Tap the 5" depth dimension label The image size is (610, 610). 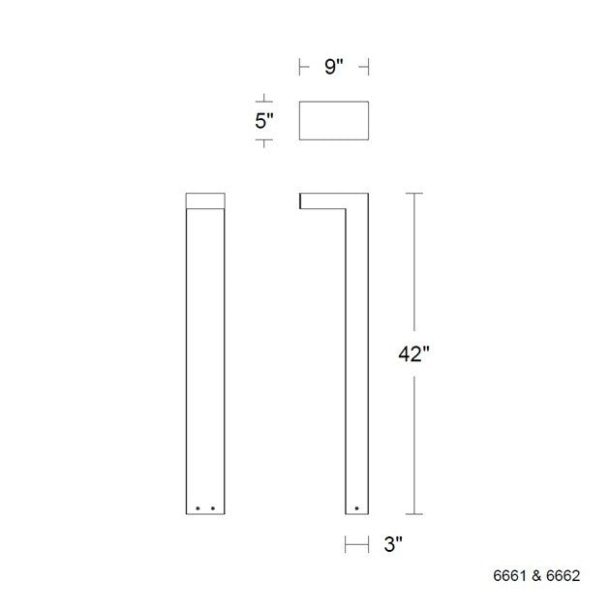click(263, 121)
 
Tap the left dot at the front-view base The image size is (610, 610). click(198, 506)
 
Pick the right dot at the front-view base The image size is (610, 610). click(212, 506)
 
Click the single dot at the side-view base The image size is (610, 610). click(356, 506)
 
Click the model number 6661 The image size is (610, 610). click(508, 575)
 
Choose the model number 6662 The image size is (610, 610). click(562, 575)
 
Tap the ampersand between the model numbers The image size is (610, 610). click(535, 575)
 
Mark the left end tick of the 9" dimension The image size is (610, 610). click(298, 67)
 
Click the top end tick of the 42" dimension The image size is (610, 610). click(415, 194)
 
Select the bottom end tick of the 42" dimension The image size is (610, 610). click(415, 514)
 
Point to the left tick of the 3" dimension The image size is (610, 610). click(346, 545)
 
